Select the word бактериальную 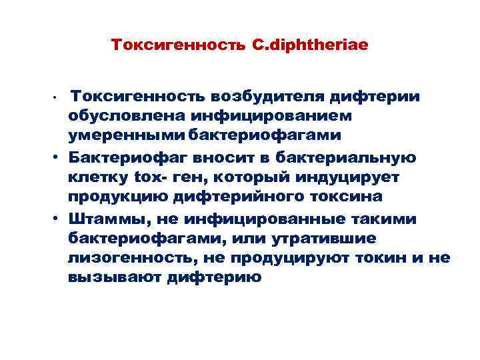353,158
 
